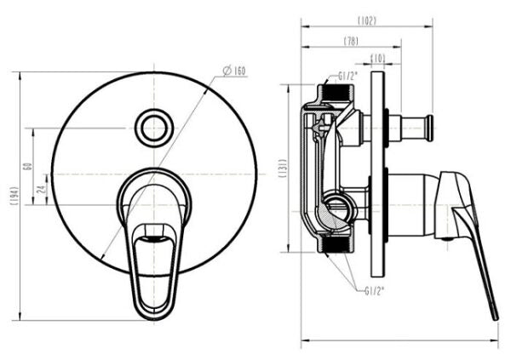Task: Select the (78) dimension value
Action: click(350, 40)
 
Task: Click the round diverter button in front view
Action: click(154, 128)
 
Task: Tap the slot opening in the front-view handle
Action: click(155, 232)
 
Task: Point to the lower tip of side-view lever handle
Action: click(494, 316)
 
